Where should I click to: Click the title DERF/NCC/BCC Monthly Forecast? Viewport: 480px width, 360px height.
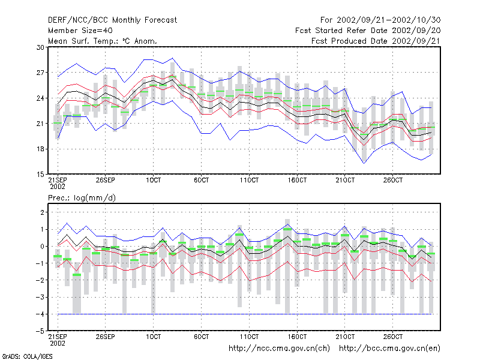click(112, 20)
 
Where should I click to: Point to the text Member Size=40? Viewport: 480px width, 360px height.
click(80, 31)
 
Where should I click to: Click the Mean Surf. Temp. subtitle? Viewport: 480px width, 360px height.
click(102, 41)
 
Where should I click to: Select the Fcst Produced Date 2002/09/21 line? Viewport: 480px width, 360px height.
click(376, 41)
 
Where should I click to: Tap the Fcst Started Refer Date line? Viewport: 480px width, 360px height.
click(368, 31)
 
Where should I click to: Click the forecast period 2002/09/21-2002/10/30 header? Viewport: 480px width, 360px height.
click(380, 20)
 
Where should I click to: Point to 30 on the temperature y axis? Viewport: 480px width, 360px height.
click(40, 47)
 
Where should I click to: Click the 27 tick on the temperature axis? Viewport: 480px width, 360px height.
click(40, 73)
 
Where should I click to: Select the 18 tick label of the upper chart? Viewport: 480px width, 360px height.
click(40, 149)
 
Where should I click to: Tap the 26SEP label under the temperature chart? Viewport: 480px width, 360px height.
click(106, 180)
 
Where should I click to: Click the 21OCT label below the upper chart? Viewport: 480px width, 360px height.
click(345, 180)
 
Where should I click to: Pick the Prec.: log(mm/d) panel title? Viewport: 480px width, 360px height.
click(82, 198)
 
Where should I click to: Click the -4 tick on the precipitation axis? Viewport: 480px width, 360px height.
click(40, 314)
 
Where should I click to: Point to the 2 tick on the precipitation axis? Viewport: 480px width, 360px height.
click(42, 212)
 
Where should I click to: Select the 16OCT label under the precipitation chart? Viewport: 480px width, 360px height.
click(297, 337)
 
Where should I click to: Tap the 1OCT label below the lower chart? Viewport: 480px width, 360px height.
click(154, 337)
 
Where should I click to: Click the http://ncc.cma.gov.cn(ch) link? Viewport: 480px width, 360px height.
click(279, 349)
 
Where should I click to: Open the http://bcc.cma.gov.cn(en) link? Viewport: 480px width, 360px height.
click(389, 349)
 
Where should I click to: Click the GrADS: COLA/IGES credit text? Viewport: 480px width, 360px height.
click(27, 356)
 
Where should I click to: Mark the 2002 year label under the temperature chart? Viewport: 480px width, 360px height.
click(58, 187)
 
